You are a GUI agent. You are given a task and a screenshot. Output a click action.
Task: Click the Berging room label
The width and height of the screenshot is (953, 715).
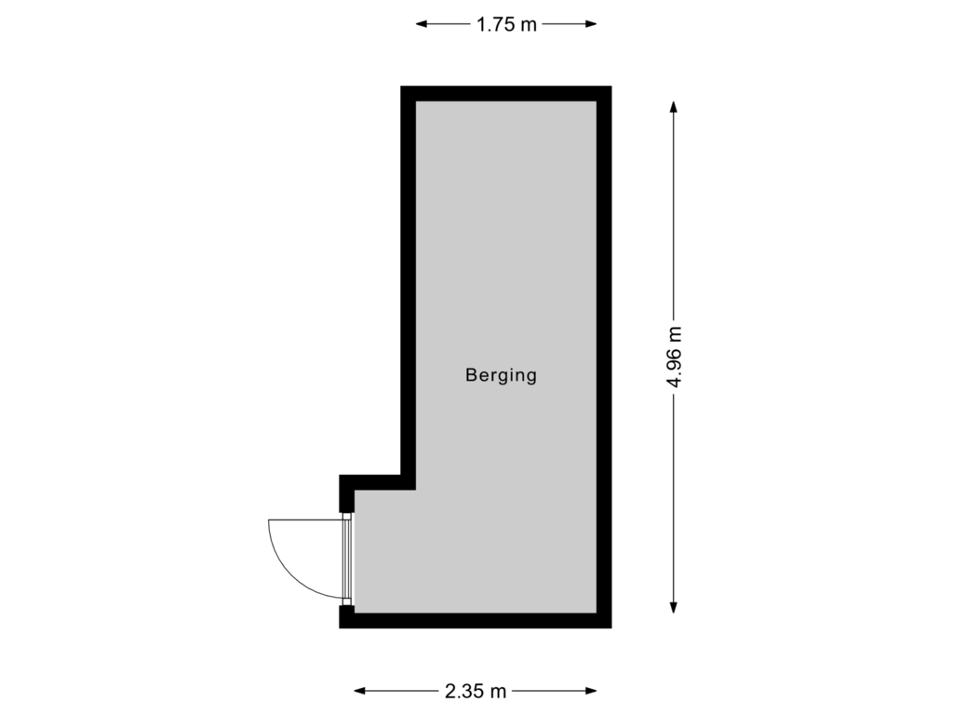tap(501, 376)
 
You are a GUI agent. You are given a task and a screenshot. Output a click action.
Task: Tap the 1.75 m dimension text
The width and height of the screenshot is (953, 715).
tap(506, 24)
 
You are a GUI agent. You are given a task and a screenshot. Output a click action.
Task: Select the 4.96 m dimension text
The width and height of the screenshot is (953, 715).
tap(674, 357)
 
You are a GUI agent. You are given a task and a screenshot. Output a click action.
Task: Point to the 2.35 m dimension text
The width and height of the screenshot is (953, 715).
tap(476, 692)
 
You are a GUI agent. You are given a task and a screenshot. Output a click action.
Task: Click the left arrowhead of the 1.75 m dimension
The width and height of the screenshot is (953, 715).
tap(422, 24)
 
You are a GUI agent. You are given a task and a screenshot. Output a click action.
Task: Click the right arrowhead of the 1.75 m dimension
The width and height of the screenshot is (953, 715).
tap(591, 24)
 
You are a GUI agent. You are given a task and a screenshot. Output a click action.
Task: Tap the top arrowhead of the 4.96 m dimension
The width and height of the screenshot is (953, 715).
tap(674, 107)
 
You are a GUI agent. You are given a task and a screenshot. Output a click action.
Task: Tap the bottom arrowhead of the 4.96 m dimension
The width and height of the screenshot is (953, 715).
tap(674, 607)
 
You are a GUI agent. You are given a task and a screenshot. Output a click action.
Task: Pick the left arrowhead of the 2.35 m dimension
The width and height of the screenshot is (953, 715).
tap(360, 691)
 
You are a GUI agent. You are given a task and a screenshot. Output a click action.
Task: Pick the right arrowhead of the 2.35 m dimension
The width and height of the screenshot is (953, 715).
tap(591, 691)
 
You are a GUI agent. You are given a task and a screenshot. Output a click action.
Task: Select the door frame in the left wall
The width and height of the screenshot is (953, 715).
tap(347, 559)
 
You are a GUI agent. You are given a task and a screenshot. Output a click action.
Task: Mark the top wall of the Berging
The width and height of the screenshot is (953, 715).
tap(505, 94)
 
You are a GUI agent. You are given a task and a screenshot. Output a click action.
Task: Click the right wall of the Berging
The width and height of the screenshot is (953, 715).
tap(604, 357)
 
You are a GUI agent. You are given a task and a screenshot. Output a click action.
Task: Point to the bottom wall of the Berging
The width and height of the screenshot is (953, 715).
tap(476, 621)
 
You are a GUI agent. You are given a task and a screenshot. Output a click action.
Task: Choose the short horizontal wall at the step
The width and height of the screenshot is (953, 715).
tap(377, 483)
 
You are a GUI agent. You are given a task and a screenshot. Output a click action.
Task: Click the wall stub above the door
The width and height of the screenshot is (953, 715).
tap(346, 493)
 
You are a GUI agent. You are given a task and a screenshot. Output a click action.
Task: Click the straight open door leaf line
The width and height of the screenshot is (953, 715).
tap(305, 519)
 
